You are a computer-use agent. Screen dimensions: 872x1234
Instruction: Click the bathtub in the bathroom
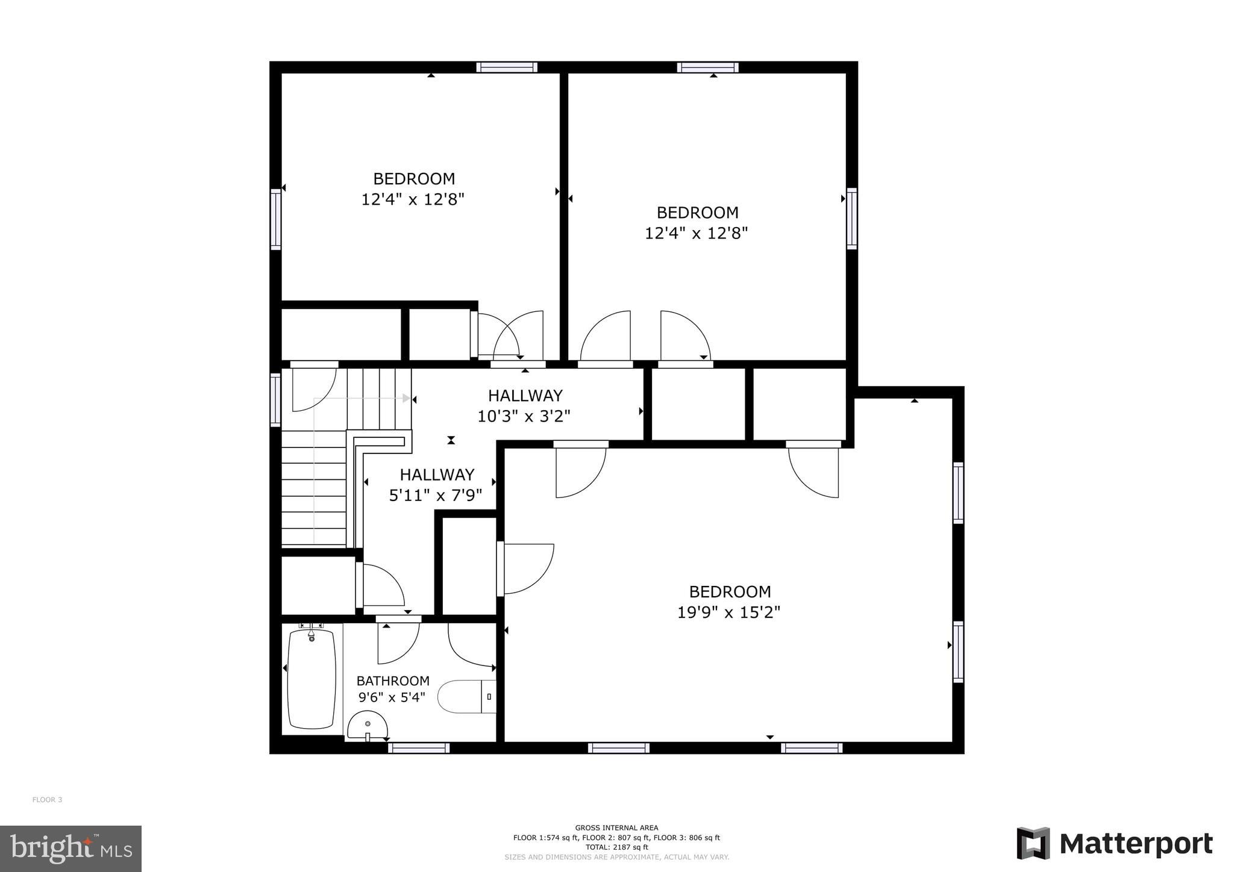[312, 679]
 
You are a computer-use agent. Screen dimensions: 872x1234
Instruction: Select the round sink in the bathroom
[367, 725]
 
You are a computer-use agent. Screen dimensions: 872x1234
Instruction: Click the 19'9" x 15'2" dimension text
[728, 612]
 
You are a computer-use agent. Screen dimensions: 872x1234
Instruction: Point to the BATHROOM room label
[393, 680]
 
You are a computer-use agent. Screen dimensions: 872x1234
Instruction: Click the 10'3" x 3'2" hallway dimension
[524, 416]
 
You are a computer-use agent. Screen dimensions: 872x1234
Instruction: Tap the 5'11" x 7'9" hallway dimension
[436, 496]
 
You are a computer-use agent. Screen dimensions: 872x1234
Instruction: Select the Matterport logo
[1114, 844]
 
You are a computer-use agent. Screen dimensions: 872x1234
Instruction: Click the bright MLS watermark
[70, 849]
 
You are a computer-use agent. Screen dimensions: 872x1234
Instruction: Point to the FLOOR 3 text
[47, 800]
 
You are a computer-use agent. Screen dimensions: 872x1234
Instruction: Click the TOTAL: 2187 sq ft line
[616, 847]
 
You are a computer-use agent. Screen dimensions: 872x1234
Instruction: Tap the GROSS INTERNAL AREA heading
[616, 827]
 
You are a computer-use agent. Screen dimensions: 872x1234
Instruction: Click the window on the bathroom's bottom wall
[419, 748]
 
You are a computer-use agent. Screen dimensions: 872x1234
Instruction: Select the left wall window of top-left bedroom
[275, 219]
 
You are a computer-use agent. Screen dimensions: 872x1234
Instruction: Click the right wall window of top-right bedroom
[851, 218]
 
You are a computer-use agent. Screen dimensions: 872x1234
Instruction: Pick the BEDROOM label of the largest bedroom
[730, 591]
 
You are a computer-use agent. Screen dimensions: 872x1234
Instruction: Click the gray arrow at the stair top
[407, 398]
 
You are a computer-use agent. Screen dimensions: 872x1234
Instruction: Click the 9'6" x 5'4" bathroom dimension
[392, 697]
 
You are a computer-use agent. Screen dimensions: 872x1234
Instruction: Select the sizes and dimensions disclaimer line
[616, 857]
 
